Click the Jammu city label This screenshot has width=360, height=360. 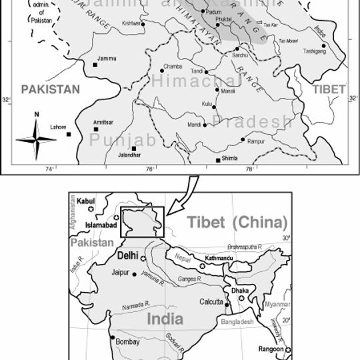[x=107, y=59]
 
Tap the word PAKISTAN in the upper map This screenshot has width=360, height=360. [x=49, y=89]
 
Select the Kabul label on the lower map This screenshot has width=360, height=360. [x=87, y=200]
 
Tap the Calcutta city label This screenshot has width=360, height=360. [x=211, y=302]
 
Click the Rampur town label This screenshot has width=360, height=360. [x=257, y=142]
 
